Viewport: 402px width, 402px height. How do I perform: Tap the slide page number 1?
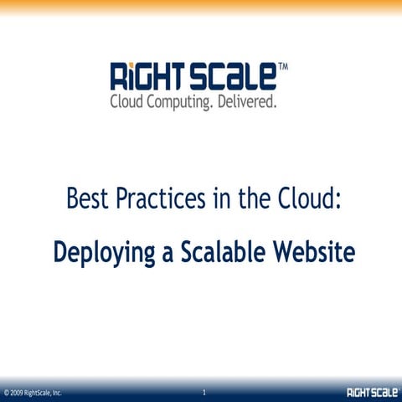(x=204, y=391)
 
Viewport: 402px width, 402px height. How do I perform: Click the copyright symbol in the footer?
(x=6, y=393)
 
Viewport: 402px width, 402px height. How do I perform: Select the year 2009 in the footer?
(x=17, y=393)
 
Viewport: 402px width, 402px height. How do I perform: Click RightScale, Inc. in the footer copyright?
(x=43, y=393)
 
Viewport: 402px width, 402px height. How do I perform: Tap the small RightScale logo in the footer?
(x=371, y=392)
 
